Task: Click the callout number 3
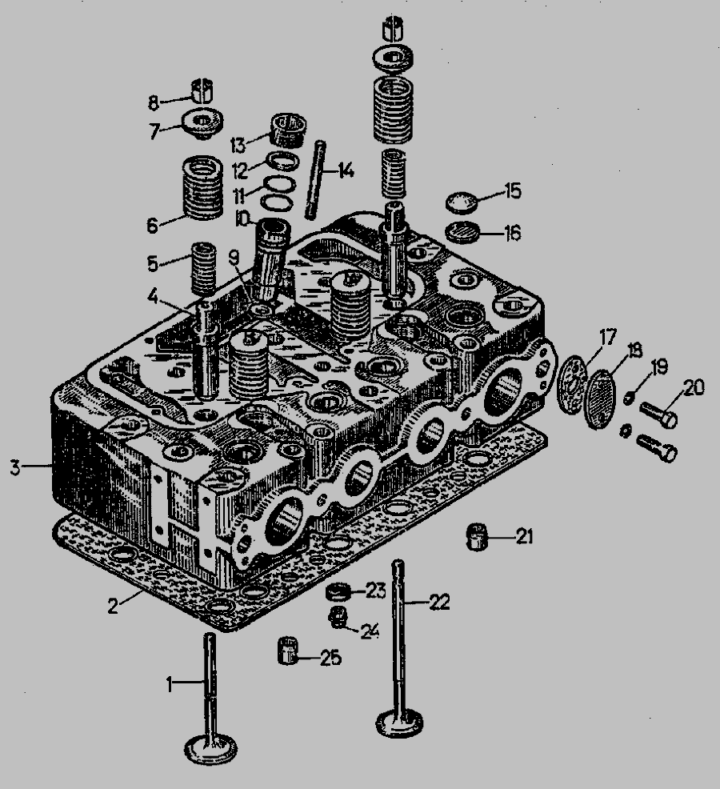tap(15, 467)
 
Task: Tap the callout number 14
tap(346, 170)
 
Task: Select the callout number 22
tap(439, 602)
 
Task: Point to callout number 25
tap(331, 658)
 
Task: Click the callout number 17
tap(608, 337)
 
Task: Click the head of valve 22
tap(399, 723)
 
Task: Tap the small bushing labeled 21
tap(477, 537)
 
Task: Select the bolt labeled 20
tap(658, 413)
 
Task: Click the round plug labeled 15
tap(462, 202)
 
